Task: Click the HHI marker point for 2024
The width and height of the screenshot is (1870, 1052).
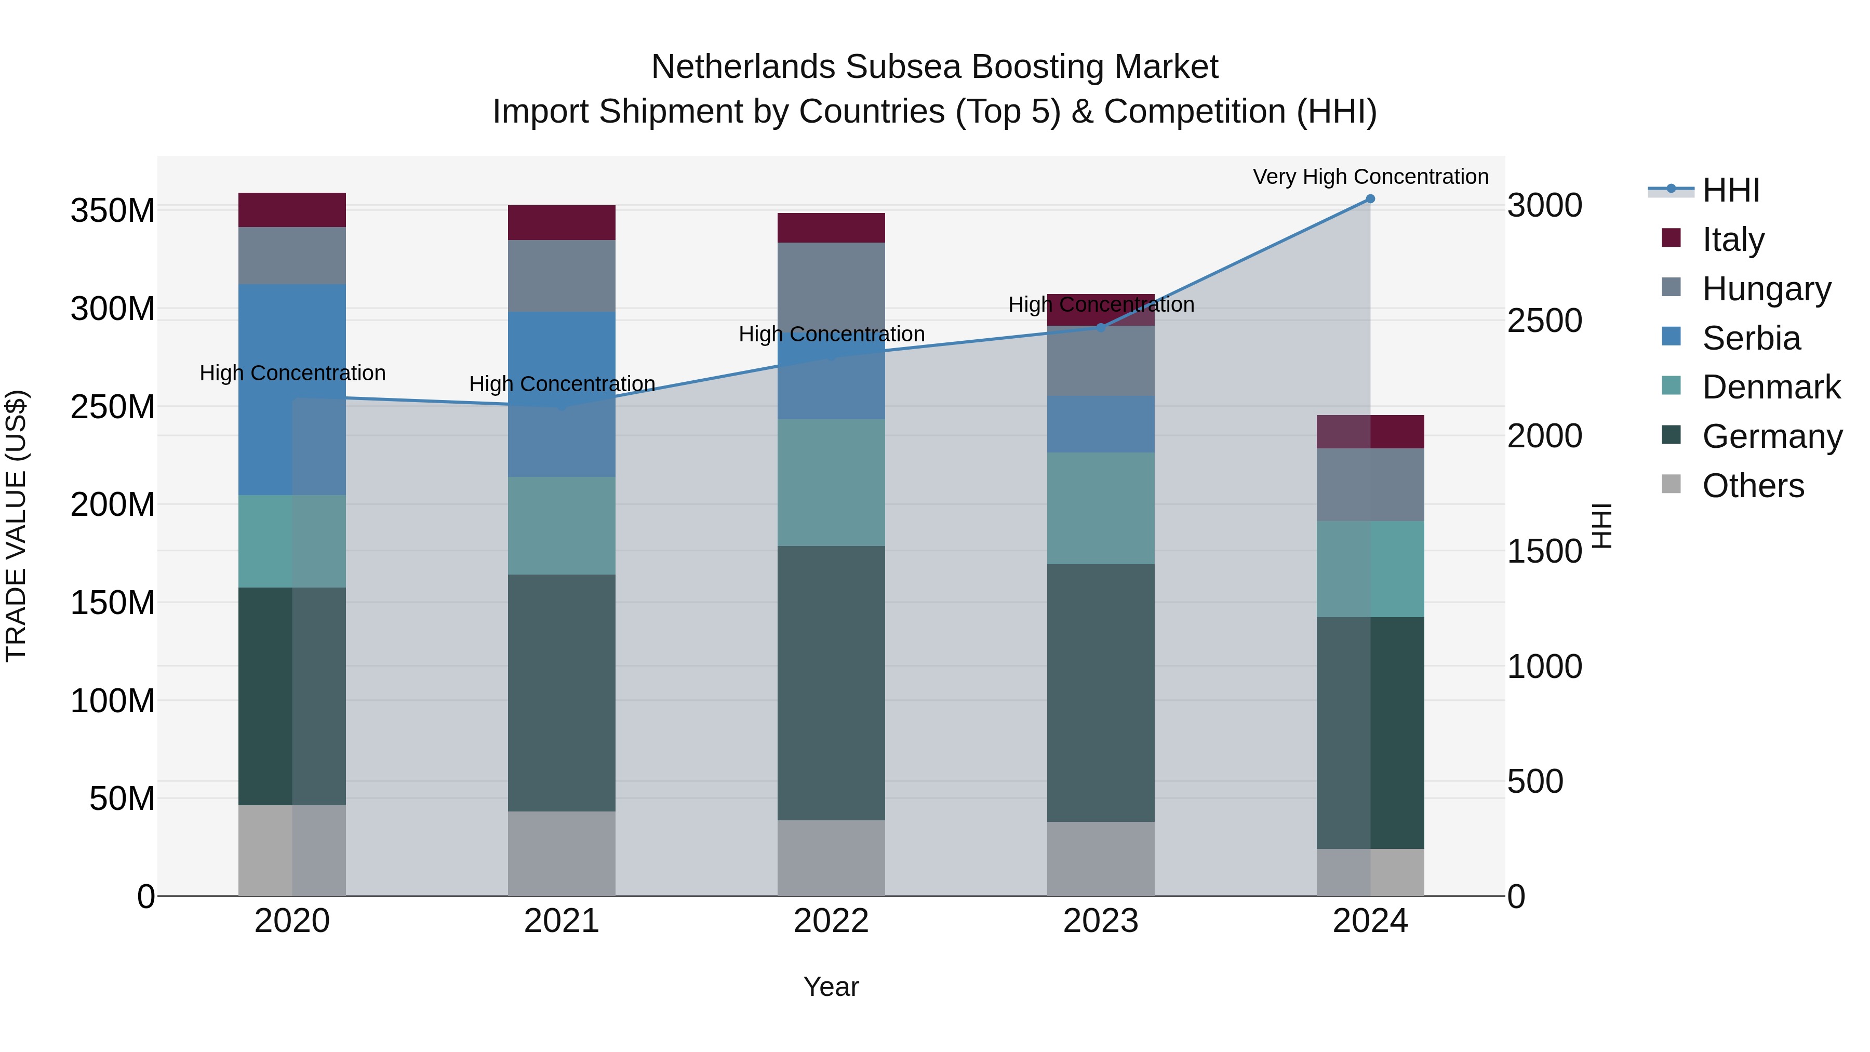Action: click(x=1370, y=199)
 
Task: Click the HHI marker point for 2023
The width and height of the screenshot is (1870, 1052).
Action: click(x=1101, y=327)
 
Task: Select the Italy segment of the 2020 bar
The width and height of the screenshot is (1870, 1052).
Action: click(x=292, y=210)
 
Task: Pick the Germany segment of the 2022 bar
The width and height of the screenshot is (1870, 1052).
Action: click(x=831, y=683)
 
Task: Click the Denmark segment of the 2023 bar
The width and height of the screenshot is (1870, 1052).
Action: click(x=1101, y=508)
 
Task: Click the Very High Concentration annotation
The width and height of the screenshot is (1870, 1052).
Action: click(x=1370, y=177)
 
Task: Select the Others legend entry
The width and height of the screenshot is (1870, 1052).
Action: click(x=1753, y=486)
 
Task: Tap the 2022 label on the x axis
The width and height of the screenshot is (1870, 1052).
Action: click(x=831, y=921)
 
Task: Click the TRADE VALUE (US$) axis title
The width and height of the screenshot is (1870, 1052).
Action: click(x=17, y=526)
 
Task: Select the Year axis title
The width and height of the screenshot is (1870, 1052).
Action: click(x=831, y=987)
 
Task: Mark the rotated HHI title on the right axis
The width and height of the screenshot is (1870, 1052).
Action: click(x=1601, y=526)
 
